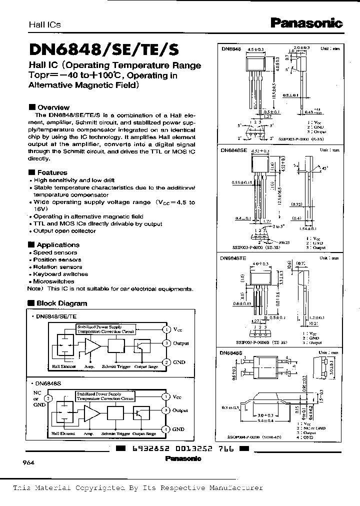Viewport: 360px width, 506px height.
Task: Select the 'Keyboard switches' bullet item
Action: [60, 274]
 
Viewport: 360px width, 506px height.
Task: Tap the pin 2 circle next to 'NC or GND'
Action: [47, 398]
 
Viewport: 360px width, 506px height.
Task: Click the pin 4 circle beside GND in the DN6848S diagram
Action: [166, 429]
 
